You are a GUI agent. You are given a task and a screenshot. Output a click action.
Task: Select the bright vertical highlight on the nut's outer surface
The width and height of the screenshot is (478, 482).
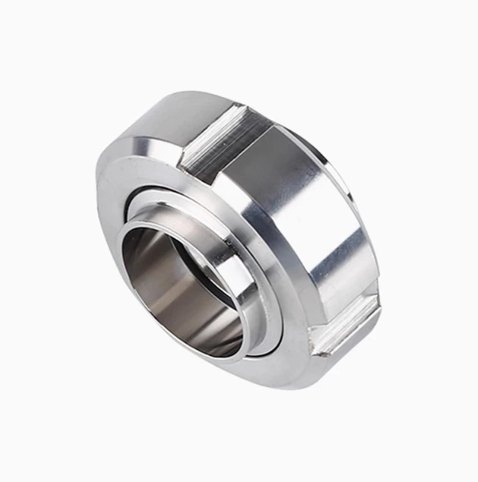[x=334, y=243]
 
